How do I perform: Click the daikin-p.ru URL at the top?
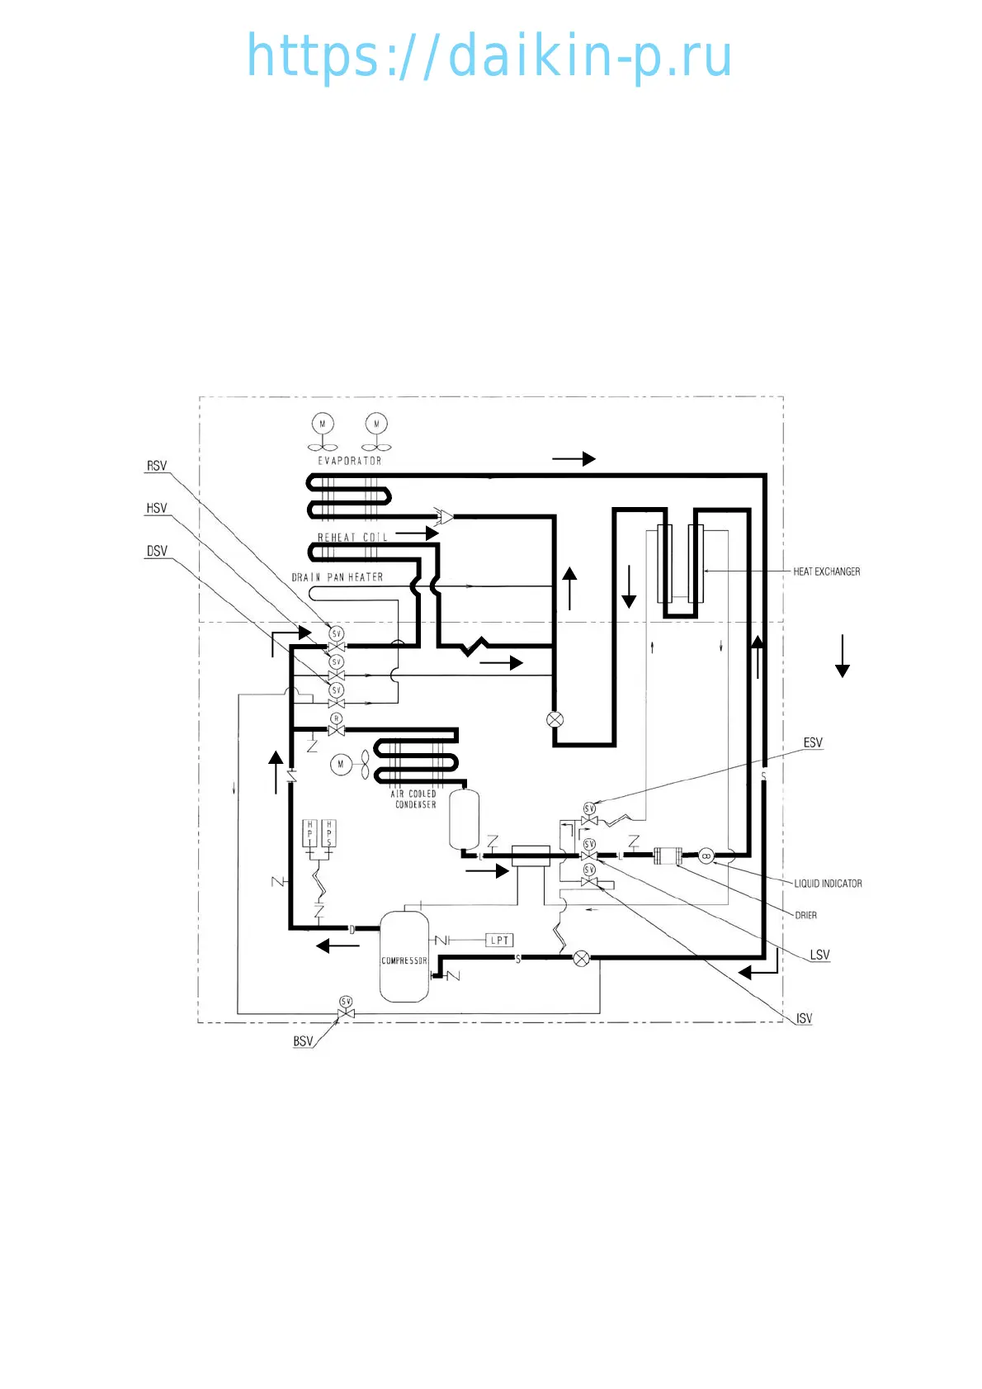point(489,56)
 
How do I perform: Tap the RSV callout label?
point(157,466)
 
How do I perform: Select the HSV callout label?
point(157,508)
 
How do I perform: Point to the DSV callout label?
point(157,551)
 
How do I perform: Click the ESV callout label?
point(813,742)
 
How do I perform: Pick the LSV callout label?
point(819,955)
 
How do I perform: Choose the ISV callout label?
point(804,1018)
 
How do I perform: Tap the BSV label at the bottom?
point(303,1041)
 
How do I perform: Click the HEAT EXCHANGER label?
point(826,571)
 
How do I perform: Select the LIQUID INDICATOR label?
point(828,884)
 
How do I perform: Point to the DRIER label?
point(805,915)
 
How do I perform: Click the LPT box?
point(499,940)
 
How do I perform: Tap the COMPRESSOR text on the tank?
point(404,960)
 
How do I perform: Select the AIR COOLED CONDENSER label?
point(414,799)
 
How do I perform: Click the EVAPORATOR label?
point(350,461)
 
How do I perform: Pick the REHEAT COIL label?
point(352,537)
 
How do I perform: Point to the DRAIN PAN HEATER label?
point(338,577)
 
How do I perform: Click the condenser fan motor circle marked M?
point(340,765)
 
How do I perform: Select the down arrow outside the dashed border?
point(842,656)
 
